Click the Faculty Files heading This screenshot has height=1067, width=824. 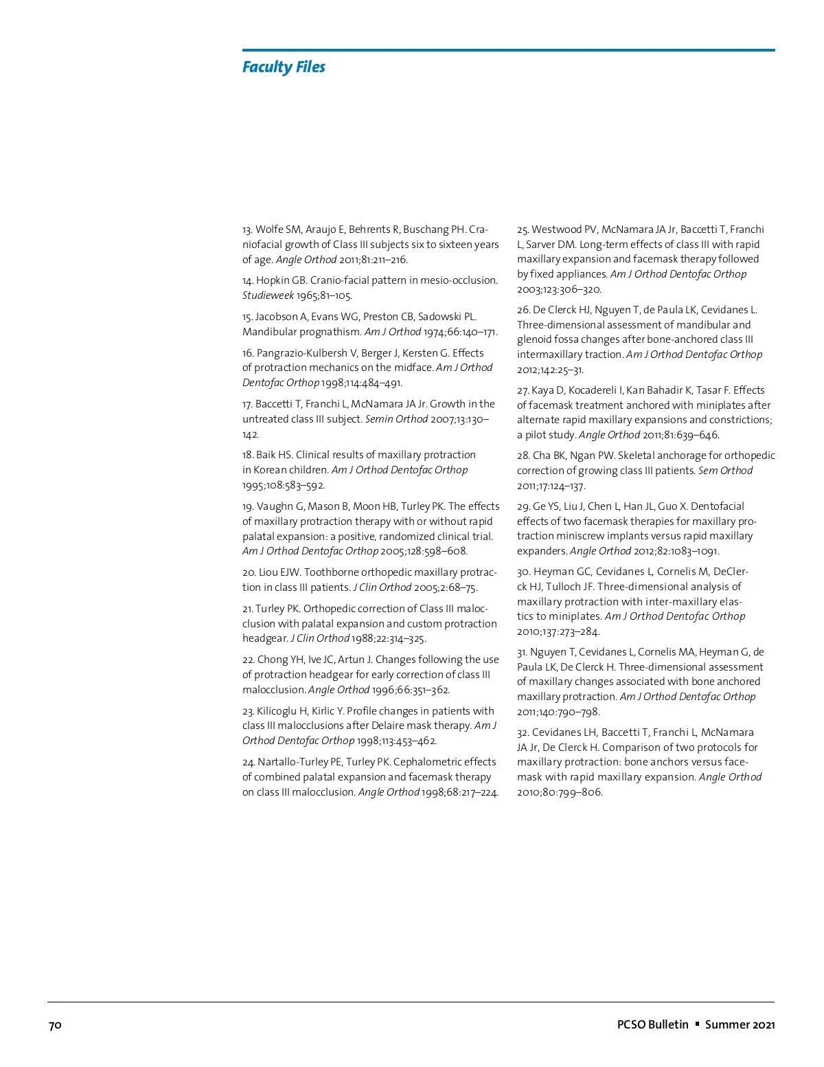click(x=284, y=67)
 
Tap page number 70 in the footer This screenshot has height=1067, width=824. click(x=55, y=1025)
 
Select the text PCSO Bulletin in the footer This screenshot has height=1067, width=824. click(x=652, y=1024)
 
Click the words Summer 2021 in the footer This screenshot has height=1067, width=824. click(x=740, y=1024)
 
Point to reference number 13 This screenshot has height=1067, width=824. click(x=247, y=229)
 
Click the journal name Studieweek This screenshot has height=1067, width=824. click(x=268, y=295)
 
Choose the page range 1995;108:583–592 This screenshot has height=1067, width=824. click(x=283, y=485)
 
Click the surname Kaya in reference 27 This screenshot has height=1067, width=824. click(x=542, y=390)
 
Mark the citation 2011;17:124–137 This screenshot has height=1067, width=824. click(x=551, y=486)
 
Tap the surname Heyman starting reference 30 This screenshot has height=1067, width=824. click(x=553, y=572)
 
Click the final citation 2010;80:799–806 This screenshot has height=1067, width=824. click(x=560, y=792)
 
